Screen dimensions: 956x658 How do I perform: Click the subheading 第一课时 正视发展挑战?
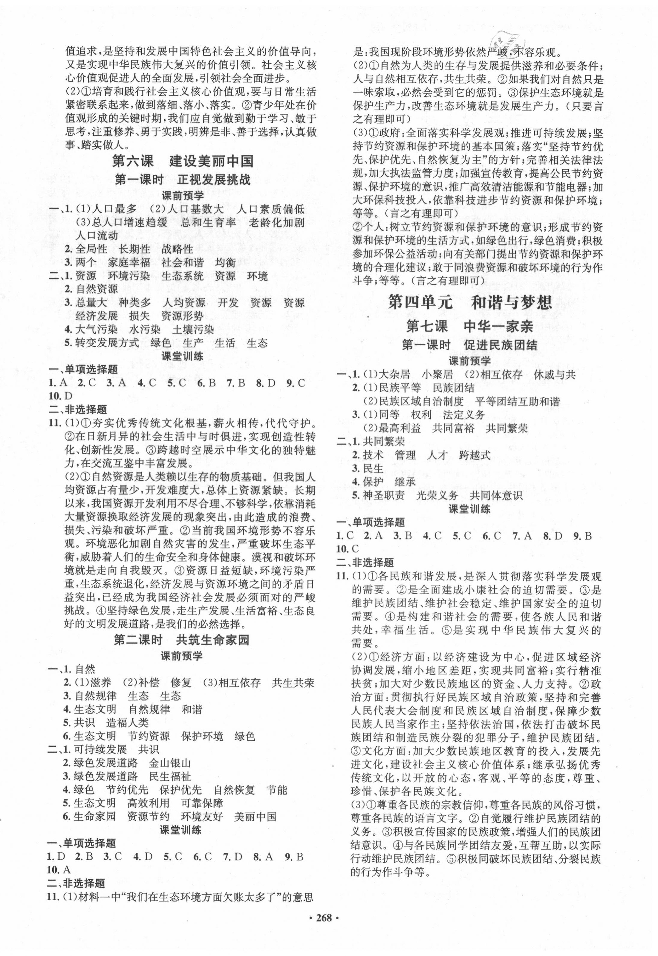[x=183, y=180]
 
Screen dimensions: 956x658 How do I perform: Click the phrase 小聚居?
[x=437, y=374]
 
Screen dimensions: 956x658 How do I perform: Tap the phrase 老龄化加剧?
[x=277, y=223]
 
